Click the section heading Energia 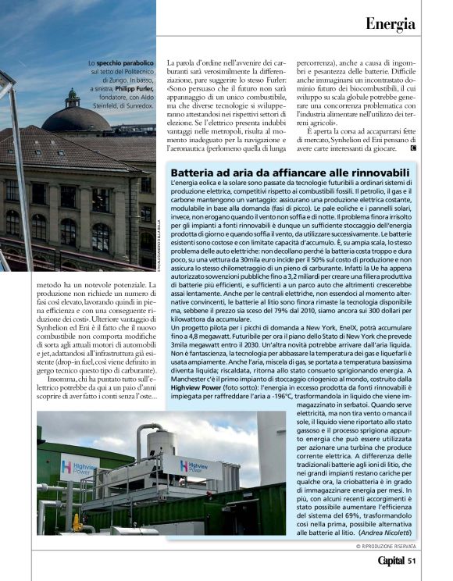tap(390, 23)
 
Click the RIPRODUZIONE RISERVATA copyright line tap(386, 546)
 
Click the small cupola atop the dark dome tap(73, 98)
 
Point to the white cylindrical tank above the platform tap(159, 440)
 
